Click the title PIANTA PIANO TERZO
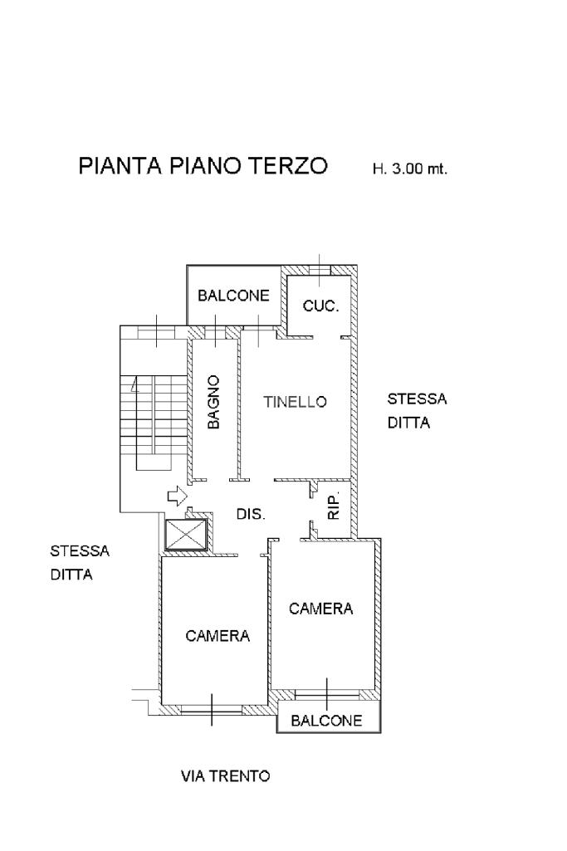203,166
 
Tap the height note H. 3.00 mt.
410,169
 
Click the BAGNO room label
214,402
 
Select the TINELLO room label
296,402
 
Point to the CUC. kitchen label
320,306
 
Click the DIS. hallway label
251,515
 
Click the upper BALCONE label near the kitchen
233,296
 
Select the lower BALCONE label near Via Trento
326,721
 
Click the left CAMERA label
218,636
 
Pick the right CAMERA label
320,609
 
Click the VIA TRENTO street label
225,777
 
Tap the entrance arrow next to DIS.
176,496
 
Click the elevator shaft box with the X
185,535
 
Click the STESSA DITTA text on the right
417,411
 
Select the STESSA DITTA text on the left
80,562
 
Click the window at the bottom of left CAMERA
211,709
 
